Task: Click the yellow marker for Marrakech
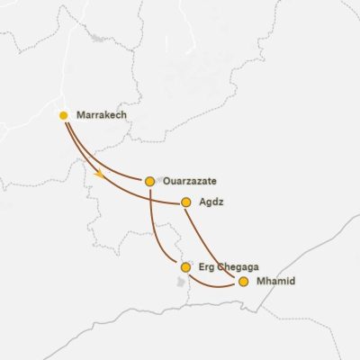coord(63,115)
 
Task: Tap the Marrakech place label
coord(102,116)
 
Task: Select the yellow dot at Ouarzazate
coord(149,181)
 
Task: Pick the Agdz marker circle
coord(186,202)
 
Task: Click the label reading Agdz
coord(211,202)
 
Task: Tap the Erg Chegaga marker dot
coord(185,267)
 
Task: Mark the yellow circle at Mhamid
coord(243,282)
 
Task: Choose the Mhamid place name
coord(275,282)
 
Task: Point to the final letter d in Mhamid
coord(292,282)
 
